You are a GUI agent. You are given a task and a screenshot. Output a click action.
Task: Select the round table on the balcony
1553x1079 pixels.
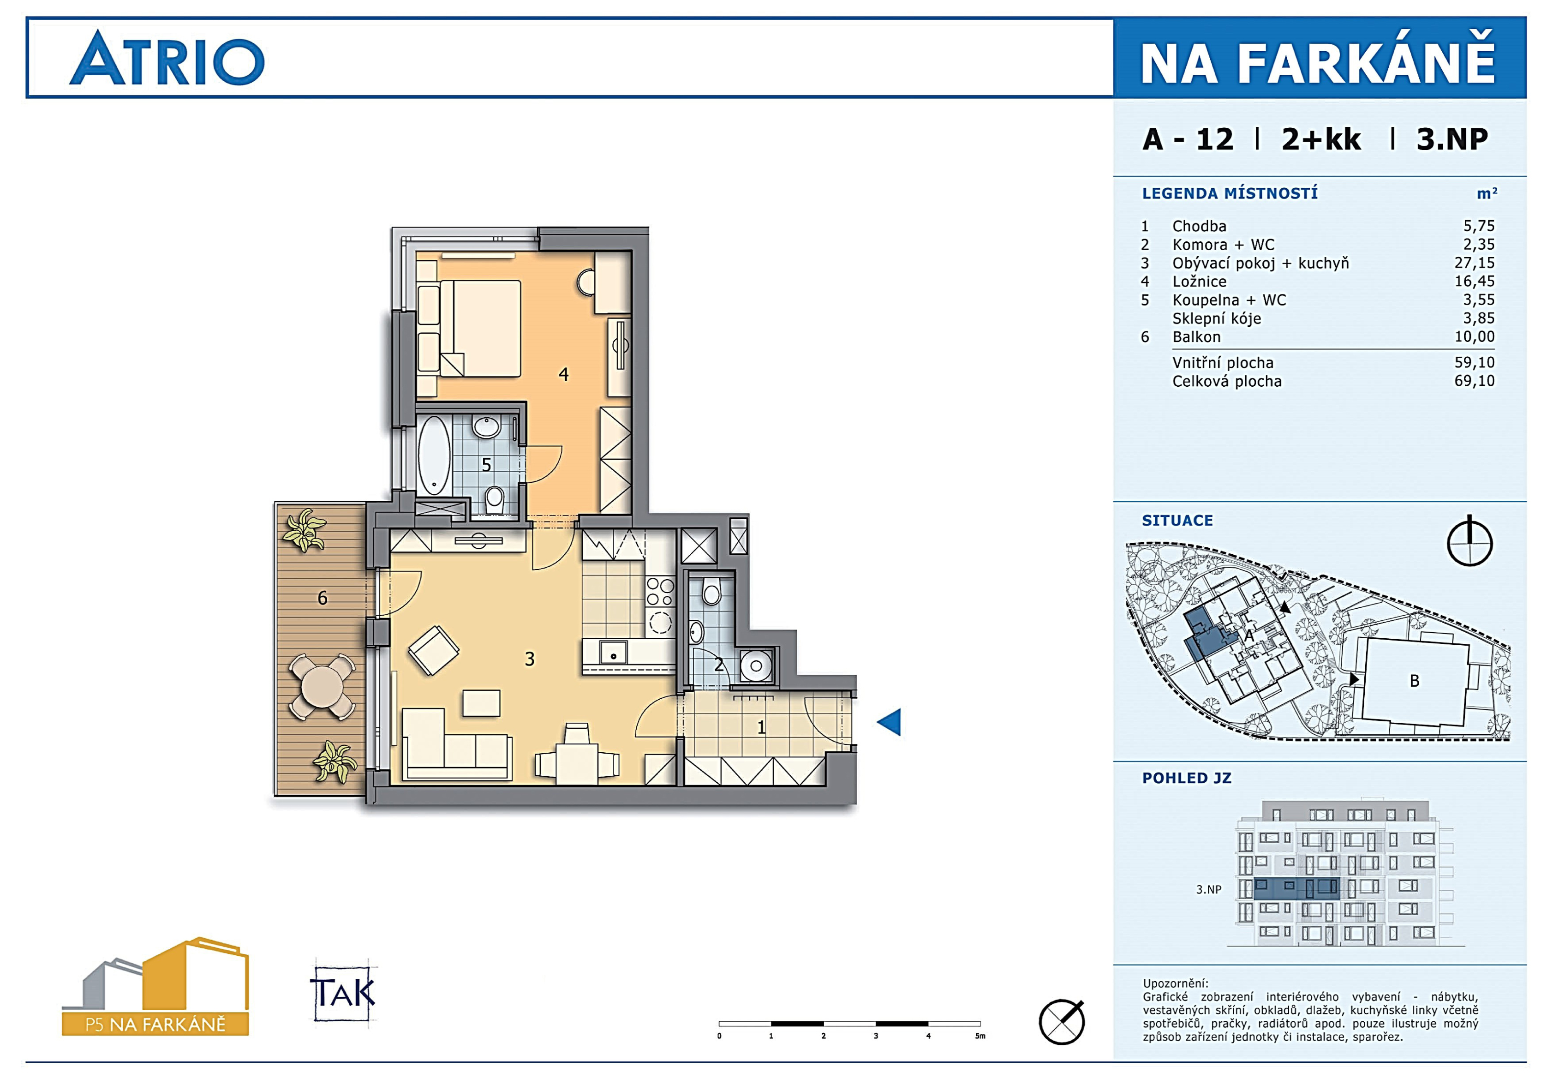pos(323,686)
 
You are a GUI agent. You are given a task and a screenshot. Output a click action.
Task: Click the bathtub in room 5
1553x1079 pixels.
pos(433,455)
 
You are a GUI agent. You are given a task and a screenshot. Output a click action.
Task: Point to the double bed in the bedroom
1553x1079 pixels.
pos(480,329)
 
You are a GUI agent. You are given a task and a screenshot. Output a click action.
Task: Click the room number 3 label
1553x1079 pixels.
pos(530,659)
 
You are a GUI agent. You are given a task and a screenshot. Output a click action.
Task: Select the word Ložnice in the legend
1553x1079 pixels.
pos(1199,281)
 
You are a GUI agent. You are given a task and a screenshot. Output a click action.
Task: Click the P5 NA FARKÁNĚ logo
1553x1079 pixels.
pos(155,987)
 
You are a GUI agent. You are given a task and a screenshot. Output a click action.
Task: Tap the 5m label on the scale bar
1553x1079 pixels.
pos(980,1036)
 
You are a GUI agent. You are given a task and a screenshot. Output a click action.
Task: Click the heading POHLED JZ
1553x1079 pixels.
pos(1187,778)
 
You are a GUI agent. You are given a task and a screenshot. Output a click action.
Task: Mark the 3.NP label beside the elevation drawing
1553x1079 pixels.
pos(1208,890)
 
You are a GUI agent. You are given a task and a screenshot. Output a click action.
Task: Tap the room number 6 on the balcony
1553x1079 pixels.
pos(323,598)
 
